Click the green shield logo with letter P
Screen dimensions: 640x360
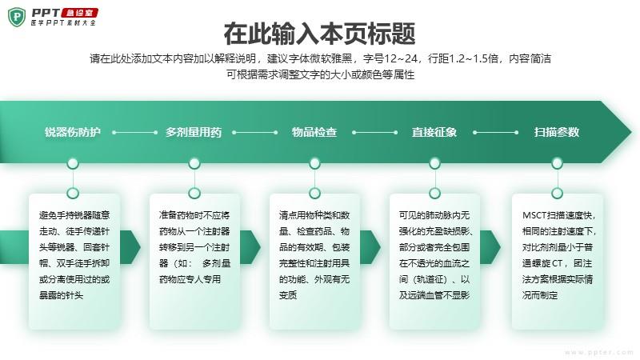click(17, 17)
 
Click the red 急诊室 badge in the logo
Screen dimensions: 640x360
click(79, 13)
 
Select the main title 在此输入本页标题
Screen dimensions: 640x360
click(319, 34)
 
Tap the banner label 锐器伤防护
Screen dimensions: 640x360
click(73, 132)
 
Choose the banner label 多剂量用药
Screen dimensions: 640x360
click(194, 132)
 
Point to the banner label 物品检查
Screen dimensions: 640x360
click(314, 132)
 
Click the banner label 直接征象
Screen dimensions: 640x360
click(434, 132)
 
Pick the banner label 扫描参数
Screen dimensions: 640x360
click(557, 132)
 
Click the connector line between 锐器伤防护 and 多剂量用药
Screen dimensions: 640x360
click(134, 132)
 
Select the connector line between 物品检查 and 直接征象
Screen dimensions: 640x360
click(374, 132)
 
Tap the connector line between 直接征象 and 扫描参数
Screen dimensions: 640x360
click(495, 132)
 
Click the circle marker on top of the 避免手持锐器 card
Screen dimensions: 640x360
click(73, 193)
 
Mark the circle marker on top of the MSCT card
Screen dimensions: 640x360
click(557, 193)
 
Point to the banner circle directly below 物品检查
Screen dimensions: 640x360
click(314, 163)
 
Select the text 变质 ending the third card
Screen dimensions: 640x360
click(288, 295)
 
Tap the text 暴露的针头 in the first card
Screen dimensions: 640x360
click(61, 295)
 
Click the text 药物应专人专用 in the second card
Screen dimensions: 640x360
click(190, 279)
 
